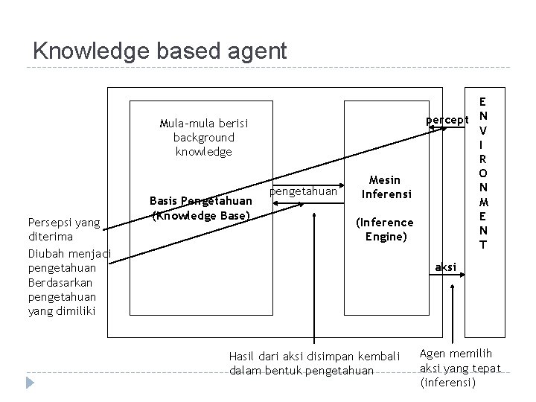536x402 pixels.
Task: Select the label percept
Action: tap(447, 120)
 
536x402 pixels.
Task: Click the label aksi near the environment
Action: tap(445, 267)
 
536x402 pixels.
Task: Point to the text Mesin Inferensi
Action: tap(384, 187)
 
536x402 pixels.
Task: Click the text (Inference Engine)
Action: tap(384, 229)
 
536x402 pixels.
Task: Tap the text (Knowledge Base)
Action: tap(200, 215)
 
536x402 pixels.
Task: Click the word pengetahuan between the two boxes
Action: tap(303, 191)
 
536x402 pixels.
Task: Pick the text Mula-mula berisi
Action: tap(204, 123)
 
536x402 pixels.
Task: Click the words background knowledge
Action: tap(204, 144)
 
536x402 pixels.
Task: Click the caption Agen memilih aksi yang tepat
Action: tap(461, 362)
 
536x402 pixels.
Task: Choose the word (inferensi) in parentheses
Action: tap(447, 383)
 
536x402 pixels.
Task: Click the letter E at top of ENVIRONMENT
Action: tap(483, 100)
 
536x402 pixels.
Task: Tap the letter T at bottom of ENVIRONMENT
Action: tap(483, 245)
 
